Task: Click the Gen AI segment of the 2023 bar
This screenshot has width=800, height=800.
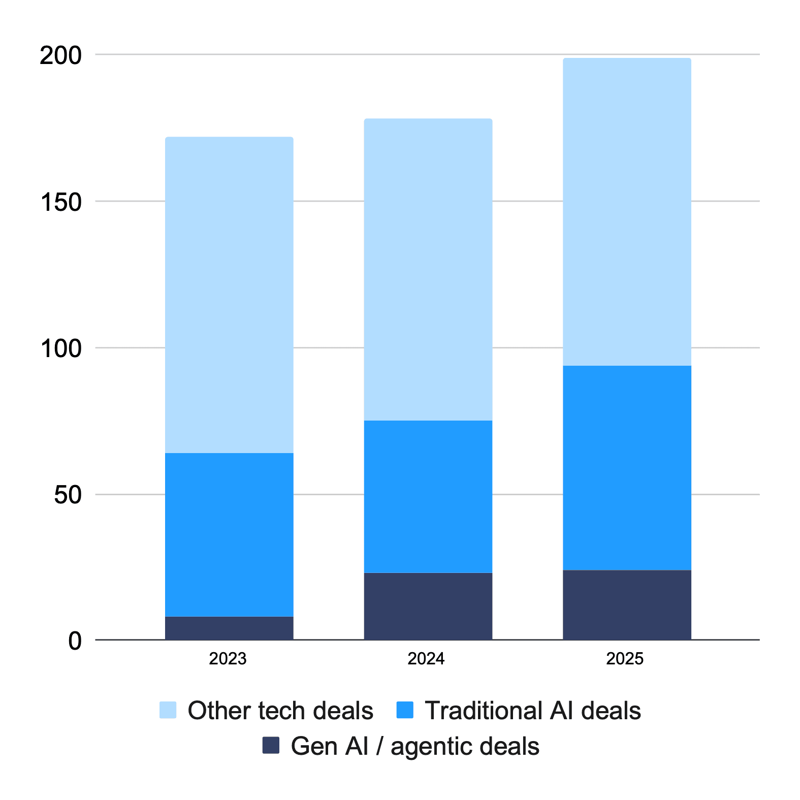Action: pyautogui.click(x=229, y=628)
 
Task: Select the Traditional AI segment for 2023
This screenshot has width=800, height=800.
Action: pyautogui.click(x=229, y=534)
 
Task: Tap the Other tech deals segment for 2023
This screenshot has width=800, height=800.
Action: pyautogui.click(x=229, y=295)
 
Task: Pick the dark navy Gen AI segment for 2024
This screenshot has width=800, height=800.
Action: pyautogui.click(x=428, y=606)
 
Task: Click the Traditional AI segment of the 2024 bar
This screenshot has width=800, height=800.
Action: pyautogui.click(x=428, y=496)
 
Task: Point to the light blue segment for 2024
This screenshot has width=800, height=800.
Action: pyautogui.click(x=428, y=269)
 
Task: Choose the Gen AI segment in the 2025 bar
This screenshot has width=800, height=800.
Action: pyautogui.click(x=627, y=604)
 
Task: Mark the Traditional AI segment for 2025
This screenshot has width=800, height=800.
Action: pyautogui.click(x=627, y=467)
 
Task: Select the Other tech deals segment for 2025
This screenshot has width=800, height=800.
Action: pyautogui.click(x=627, y=212)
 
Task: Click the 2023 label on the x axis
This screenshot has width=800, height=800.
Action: pyautogui.click(x=228, y=659)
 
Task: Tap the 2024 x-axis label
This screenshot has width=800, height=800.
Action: pyautogui.click(x=426, y=659)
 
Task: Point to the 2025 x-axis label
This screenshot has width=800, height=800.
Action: pyautogui.click(x=625, y=659)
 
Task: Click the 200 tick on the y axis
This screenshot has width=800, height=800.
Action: pyautogui.click(x=60, y=55)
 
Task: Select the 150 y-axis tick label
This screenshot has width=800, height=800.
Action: pyautogui.click(x=60, y=202)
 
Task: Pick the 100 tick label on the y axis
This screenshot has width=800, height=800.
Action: pyautogui.click(x=60, y=349)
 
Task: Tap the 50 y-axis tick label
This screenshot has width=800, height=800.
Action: pyautogui.click(x=68, y=495)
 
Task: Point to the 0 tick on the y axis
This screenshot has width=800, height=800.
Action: pyautogui.click(x=75, y=641)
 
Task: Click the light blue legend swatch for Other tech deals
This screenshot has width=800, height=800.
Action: pyautogui.click(x=168, y=710)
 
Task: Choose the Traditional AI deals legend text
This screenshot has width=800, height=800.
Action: pyautogui.click(x=533, y=710)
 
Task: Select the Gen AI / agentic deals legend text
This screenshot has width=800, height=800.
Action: pyautogui.click(x=415, y=746)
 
